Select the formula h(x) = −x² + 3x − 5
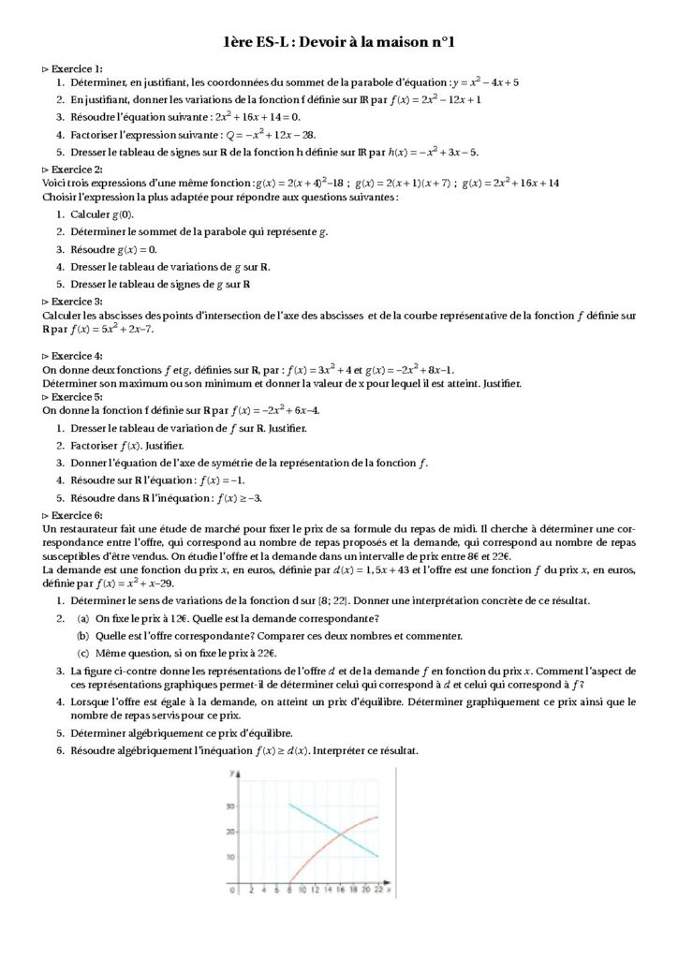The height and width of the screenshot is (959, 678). tap(433, 152)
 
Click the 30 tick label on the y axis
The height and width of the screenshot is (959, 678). tap(228, 804)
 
